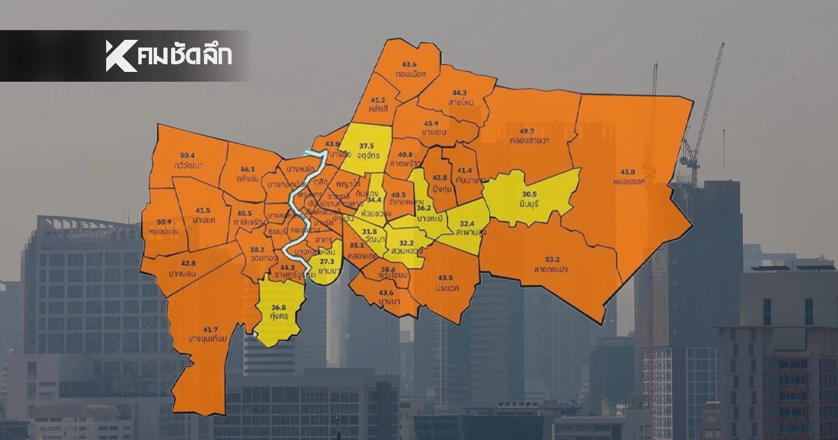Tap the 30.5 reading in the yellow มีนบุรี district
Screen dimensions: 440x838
point(529,194)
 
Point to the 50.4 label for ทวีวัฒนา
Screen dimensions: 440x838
point(187,155)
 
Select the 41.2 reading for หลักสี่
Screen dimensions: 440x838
point(378,100)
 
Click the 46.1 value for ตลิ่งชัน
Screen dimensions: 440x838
point(248,169)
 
